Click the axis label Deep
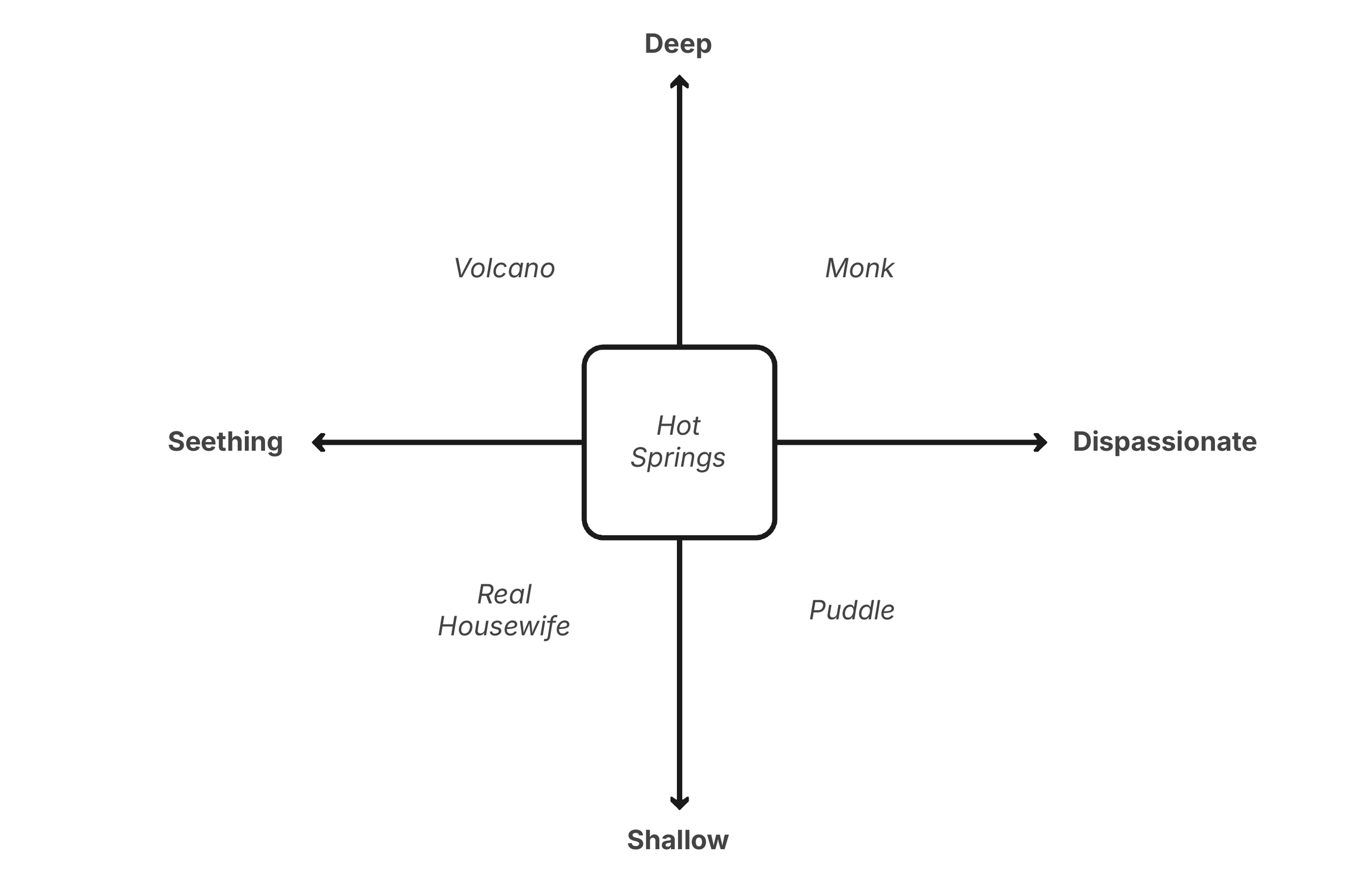click(678, 44)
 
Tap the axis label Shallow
click(678, 840)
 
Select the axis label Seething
click(225, 442)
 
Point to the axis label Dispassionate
click(1165, 442)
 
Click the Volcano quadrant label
click(504, 269)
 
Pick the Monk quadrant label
click(859, 269)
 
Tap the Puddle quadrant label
click(852, 610)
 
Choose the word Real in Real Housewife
click(504, 595)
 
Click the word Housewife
click(504, 627)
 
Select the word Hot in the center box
click(678, 426)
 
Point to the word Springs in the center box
click(678, 458)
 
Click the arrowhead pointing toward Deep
click(679, 81)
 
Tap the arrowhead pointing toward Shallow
click(679, 803)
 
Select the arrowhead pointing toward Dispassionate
click(1041, 442)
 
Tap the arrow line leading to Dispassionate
click(906, 442)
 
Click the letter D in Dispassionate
click(1082, 442)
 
